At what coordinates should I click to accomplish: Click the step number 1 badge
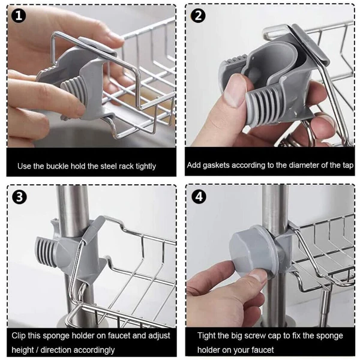[x=19, y=16]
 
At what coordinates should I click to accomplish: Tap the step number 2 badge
[x=198, y=16]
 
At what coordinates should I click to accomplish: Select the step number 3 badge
[x=19, y=197]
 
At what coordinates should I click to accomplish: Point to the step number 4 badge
[x=199, y=197]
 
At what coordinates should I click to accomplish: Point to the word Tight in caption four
[x=206, y=335]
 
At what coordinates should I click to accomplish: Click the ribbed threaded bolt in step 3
[x=47, y=252]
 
